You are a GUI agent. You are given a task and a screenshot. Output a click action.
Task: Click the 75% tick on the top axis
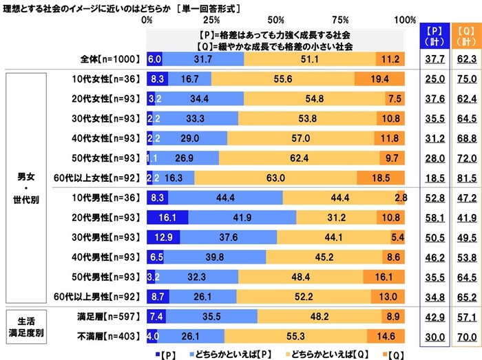pos(342,19)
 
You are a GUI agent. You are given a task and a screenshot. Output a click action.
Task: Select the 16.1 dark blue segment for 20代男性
pos(167,218)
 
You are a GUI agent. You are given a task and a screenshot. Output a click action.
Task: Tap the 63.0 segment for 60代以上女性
pos(275,178)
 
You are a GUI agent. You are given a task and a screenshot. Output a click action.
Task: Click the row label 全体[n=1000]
pos(112,60)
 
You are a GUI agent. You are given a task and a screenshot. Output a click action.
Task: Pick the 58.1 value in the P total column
pos(432,218)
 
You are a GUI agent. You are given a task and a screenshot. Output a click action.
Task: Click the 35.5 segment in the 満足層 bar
pos(211,317)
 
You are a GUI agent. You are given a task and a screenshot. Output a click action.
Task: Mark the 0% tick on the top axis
pos(147,19)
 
